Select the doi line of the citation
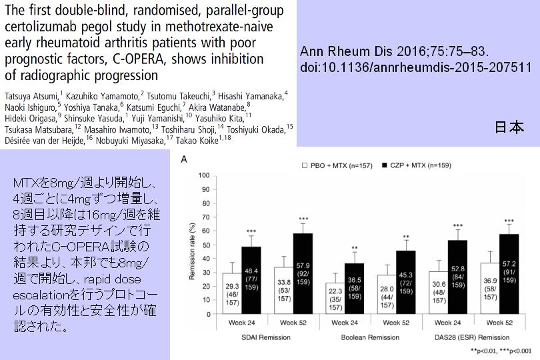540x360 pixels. [x=415, y=67]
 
